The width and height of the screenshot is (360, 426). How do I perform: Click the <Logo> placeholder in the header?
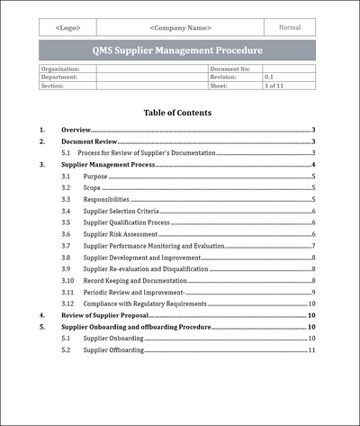point(67,28)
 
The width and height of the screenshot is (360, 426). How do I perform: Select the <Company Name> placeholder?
point(180,28)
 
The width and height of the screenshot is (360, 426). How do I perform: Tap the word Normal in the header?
point(290,27)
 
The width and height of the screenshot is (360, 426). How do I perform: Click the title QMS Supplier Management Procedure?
point(178,50)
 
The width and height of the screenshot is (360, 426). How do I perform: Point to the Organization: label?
point(61,68)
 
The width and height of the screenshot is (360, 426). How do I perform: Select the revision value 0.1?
point(269,77)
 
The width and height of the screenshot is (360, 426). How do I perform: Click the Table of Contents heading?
point(177,113)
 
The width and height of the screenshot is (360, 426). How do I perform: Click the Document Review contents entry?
point(90,141)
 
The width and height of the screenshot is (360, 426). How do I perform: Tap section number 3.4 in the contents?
point(67,211)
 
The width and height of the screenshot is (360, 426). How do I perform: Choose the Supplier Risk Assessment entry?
point(121,234)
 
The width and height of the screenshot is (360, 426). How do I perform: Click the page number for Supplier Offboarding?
point(310,349)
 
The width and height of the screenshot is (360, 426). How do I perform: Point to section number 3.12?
point(67,304)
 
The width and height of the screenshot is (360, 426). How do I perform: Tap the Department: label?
point(59,77)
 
